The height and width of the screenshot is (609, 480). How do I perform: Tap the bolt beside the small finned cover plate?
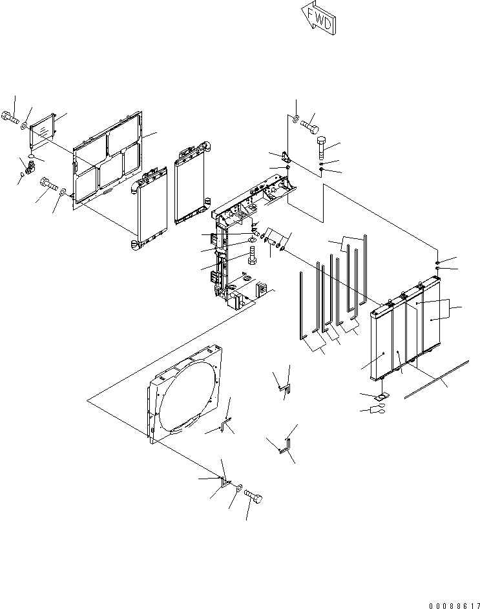pos(11,117)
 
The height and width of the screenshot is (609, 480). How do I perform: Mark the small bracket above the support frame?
pos(284,158)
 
